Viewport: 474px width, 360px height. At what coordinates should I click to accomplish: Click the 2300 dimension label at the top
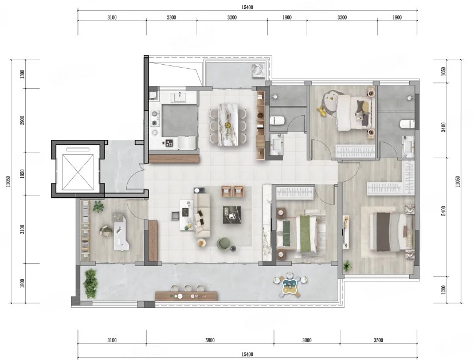(171, 18)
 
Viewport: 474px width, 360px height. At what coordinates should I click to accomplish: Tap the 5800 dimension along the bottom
(210, 341)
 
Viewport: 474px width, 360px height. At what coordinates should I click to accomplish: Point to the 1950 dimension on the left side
(22, 174)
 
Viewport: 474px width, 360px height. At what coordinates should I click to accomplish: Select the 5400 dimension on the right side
(444, 211)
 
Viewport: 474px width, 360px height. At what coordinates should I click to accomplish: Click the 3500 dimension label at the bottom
(378, 341)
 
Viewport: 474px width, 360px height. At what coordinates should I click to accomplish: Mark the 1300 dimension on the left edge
(22, 74)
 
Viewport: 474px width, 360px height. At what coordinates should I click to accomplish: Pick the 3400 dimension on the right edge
(444, 127)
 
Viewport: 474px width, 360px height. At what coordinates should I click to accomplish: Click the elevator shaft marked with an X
(78, 172)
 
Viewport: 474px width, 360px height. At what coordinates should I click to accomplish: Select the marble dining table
(228, 124)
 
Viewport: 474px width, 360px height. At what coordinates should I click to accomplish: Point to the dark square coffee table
(232, 214)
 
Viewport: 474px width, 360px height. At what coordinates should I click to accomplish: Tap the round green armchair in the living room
(224, 244)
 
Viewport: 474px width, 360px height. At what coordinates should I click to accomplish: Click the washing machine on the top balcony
(258, 71)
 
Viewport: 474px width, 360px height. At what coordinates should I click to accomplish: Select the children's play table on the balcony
(290, 284)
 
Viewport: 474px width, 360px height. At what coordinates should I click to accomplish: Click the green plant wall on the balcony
(91, 284)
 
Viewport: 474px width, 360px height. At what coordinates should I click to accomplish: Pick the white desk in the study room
(120, 232)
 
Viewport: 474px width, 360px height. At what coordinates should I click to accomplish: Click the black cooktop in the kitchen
(169, 143)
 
